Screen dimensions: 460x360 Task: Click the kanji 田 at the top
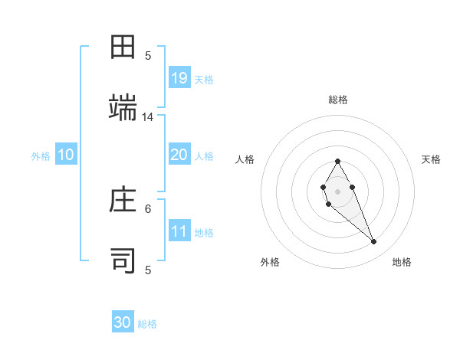tap(123, 47)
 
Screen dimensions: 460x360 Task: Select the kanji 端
tap(123, 107)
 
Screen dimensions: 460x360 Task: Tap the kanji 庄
tap(123, 201)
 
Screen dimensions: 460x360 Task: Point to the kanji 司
tap(123, 260)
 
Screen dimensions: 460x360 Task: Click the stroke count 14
tap(148, 117)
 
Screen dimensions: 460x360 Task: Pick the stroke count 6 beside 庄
tap(148, 208)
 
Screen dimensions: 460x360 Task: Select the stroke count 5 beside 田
tap(148, 55)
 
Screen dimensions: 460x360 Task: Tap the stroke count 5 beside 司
tap(148, 270)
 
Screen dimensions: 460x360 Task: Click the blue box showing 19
tap(179, 78)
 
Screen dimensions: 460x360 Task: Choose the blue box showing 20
tap(179, 155)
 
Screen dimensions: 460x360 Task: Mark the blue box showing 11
tap(179, 231)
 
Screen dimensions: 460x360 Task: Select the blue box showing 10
tap(66, 155)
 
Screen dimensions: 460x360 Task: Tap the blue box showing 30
tap(123, 322)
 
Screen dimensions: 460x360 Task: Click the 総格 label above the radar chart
tap(338, 100)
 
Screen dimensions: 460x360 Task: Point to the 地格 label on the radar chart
tap(402, 263)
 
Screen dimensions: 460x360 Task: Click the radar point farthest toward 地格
tap(374, 242)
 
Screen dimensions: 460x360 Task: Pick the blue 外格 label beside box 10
tap(41, 156)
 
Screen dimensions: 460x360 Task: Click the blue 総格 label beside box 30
tap(147, 324)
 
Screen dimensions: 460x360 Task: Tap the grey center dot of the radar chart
tap(337, 190)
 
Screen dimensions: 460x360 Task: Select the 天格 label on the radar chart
tap(431, 159)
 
